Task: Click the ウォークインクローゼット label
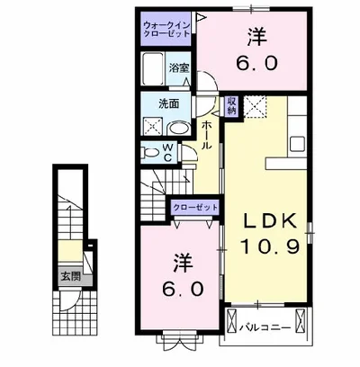[166, 29]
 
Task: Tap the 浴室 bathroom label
[179, 68]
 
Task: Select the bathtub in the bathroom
[153, 69]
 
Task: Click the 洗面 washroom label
[168, 103]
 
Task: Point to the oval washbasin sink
[178, 129]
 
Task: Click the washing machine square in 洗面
[153, 126]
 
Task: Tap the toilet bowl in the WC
[150, 153]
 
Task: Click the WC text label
[168, 153]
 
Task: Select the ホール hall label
[206, 135]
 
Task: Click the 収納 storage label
[231, 106]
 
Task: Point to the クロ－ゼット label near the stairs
[195, 208]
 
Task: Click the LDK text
[270, 222]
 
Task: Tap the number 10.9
[270, 246]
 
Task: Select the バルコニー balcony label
[265, 327]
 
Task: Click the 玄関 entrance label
[71, 276]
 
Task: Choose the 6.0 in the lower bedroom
[183, 289]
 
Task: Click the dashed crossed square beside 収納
[255, 107]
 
